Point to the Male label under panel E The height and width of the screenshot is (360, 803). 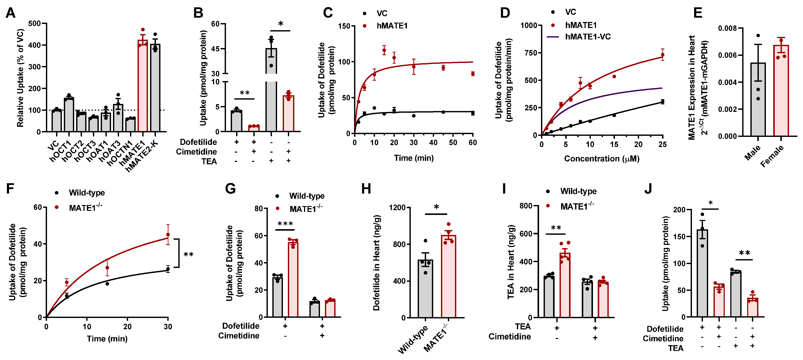point(752,152)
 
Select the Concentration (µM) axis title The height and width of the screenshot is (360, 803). point(602,159)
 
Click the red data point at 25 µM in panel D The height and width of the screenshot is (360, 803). point(662,55)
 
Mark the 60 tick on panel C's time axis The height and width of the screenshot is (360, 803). point(473,143)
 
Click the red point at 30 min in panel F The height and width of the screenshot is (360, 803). point(168,234)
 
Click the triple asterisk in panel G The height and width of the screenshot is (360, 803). point(285,224)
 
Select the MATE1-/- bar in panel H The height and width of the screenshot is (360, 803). point(449,277)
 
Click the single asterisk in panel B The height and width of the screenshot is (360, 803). point(281,24)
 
